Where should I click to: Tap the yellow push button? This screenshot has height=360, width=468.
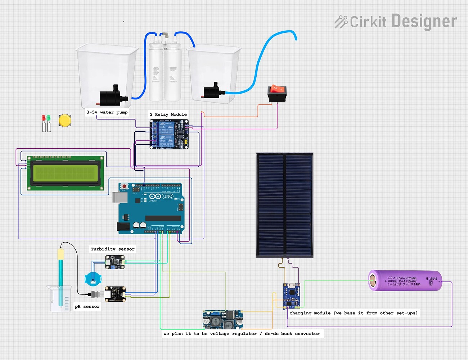coord(65,121)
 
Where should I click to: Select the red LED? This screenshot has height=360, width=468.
coord(44,118)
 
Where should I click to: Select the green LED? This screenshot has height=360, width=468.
coord(48,118)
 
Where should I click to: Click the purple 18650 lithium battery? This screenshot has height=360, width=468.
coord(405,280)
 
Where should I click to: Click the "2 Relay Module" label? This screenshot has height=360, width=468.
coord(168,114)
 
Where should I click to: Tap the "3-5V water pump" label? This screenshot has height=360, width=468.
coord(107,112)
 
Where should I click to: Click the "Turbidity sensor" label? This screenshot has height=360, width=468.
coord(113,249)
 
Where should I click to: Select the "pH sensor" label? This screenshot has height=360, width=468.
coord(87,306)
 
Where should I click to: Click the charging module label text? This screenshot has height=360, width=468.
coord(354,313)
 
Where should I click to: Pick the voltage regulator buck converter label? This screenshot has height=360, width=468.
coord(242,334)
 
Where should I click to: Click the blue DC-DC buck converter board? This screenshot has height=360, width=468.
coord(222,319)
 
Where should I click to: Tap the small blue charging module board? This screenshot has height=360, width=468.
coord(291,296)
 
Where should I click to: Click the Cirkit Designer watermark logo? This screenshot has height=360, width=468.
coord(395,22)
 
